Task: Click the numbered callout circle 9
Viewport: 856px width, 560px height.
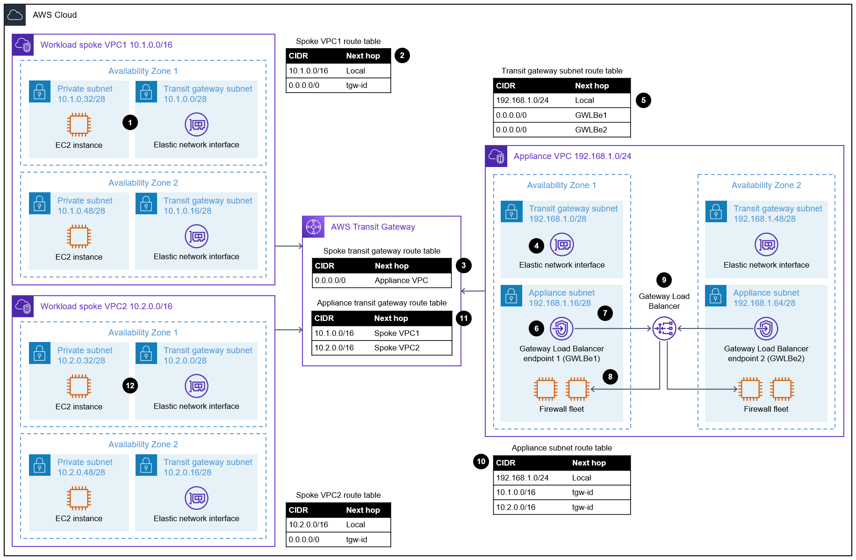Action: [x=663, y=280]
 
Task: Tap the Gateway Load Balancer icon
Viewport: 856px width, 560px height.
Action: [x=664, y=328]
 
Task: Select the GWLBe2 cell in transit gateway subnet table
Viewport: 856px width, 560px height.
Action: [x=591, y=130]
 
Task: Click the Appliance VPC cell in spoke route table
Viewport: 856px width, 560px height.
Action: [x=401, y=280]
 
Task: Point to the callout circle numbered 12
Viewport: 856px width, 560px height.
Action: [x=130, y=385]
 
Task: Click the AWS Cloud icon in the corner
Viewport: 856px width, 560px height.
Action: [x=15, y=15]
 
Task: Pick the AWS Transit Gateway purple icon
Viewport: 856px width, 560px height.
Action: [x=313, y=227]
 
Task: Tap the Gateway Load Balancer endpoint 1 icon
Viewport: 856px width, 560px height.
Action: [x=561, y=328]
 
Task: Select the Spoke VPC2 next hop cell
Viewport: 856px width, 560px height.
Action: [x=396, y=348]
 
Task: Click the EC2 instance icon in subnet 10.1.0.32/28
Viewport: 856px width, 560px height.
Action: [x=79, y=124]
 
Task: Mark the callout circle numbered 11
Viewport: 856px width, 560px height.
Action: [x=463, y=318]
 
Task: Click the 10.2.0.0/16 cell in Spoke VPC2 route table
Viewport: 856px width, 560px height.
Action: [x=308, y=524]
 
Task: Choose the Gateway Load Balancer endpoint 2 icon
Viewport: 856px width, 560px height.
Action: [x=766, y=328]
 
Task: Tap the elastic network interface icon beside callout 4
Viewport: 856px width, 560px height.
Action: [x=561, y=245]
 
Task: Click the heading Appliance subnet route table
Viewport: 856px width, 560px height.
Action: [x=561, y=448]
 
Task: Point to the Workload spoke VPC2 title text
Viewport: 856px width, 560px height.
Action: [x=106, y=306]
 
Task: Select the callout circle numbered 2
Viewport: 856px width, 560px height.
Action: [x=402, y=55]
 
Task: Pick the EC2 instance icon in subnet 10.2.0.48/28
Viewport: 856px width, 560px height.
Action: [x=79, y=498]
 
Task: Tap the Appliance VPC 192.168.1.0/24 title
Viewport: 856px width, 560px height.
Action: [x=572, y=156]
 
